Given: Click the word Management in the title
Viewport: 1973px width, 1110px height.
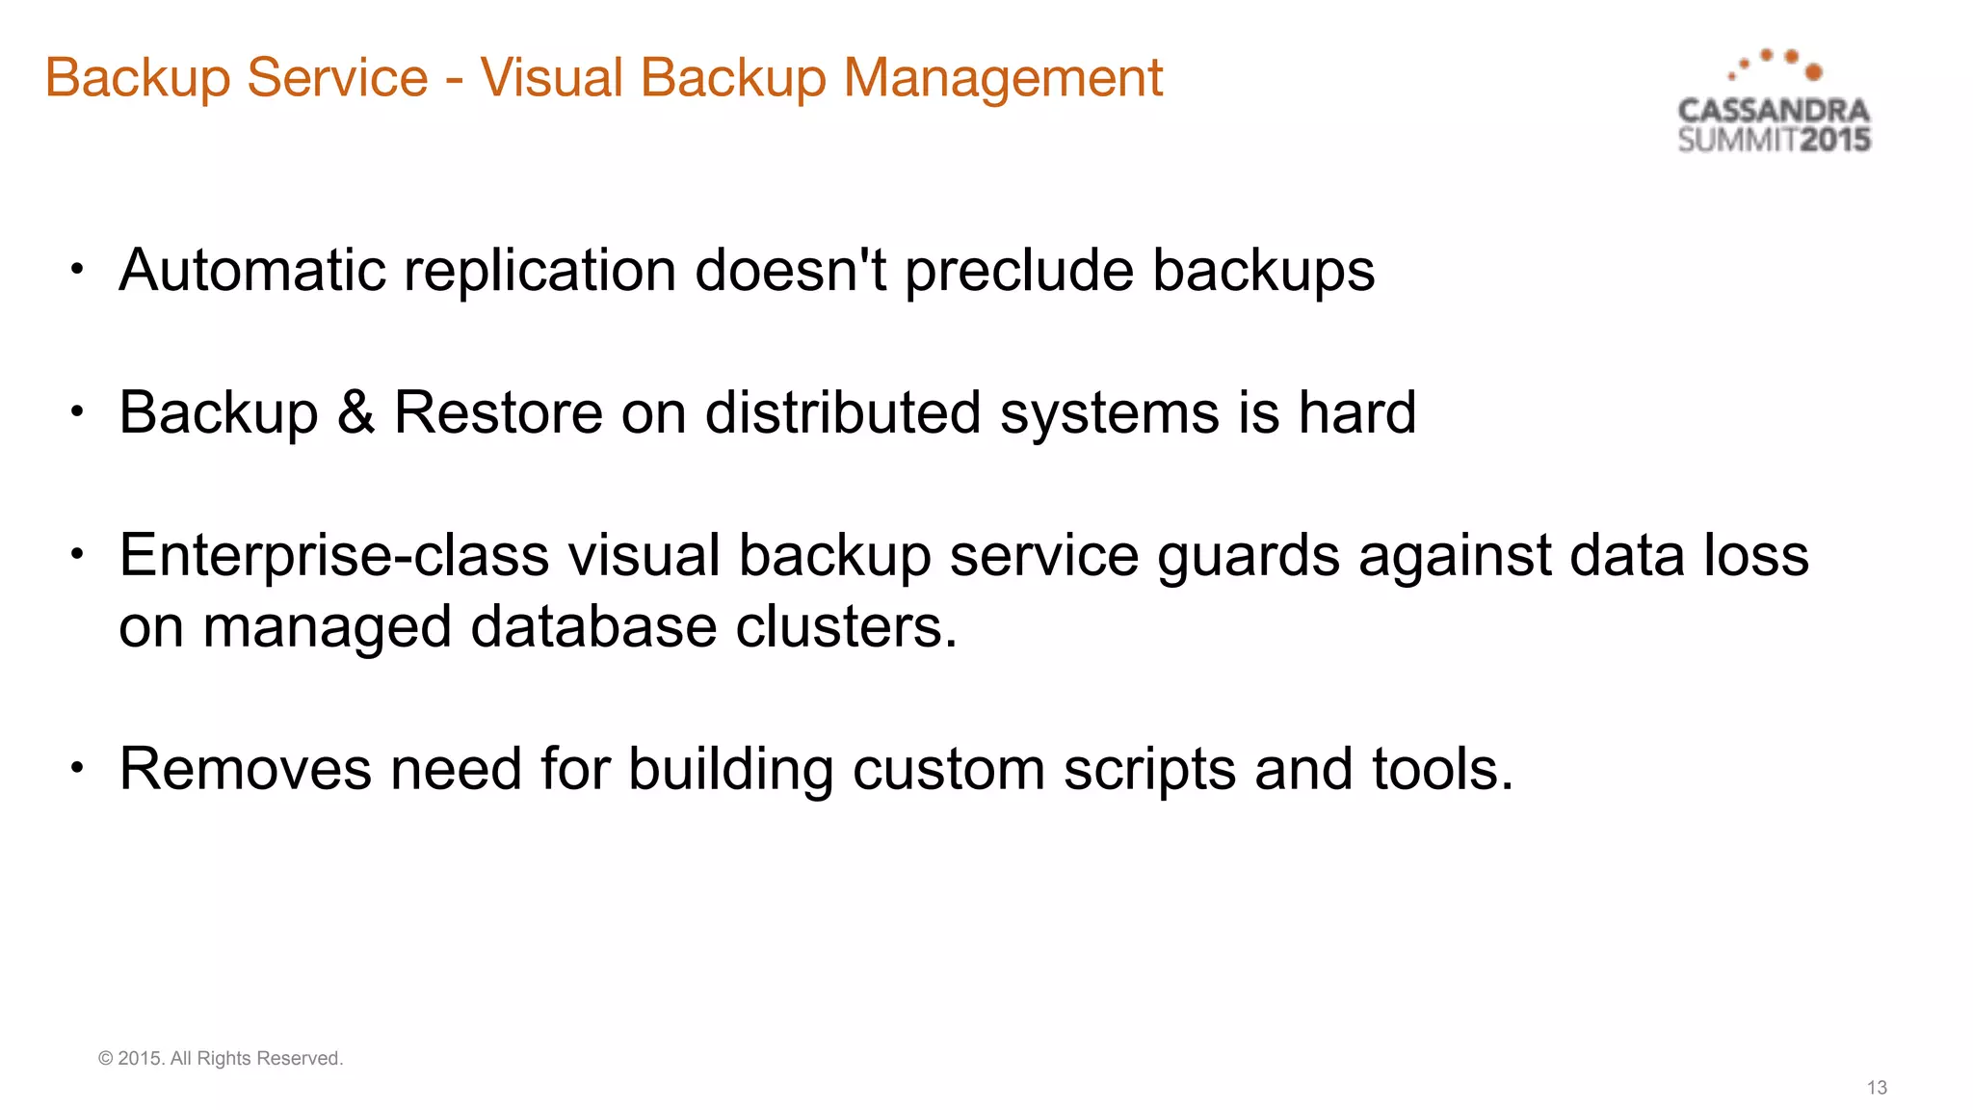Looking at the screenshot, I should (x=1003, y=77).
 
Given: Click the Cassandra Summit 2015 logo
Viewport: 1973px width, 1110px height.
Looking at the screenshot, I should (x=1774, y=102).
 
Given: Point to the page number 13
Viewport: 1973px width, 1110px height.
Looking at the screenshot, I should (x=1877, y=1088).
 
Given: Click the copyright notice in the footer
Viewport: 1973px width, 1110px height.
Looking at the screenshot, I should (x=221, y=1058).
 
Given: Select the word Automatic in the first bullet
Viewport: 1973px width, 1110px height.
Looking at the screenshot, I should (x=250, y=270).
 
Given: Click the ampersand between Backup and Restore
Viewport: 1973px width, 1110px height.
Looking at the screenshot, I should (x=355, y=412).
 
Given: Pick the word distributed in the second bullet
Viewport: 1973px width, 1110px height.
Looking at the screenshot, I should (x=843, y=412).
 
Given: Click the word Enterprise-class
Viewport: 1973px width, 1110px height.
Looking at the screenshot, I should (x=333, y=556).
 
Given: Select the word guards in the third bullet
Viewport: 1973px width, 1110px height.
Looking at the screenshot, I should (x=1249, y=556).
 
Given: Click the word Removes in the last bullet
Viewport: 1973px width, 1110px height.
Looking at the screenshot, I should (x=246, y=769).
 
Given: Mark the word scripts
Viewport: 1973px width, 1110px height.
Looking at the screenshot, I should (x=1149, y=771).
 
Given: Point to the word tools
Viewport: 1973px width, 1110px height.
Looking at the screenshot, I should (x=1442, y=769).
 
